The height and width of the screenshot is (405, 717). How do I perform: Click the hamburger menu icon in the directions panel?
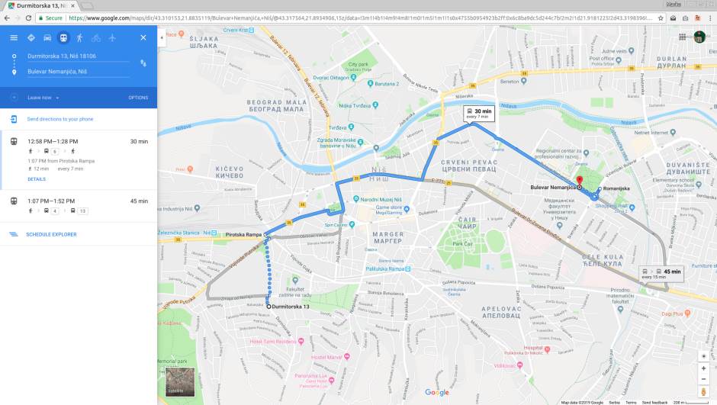(x=14, y=37)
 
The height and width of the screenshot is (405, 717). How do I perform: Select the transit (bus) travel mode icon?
(x=63, y=37)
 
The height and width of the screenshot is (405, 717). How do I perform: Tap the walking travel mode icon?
(x=79, y=37)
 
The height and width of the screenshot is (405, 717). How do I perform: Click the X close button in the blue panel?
(x=143, y=37)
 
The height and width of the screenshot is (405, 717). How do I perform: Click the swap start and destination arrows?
(x=143, y=63)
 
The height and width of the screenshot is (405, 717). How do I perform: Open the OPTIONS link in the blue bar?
(x=138, y=98)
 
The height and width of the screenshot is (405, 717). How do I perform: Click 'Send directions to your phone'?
(x=60, y=119)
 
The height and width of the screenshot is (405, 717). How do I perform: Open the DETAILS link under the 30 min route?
(x=37, y=179)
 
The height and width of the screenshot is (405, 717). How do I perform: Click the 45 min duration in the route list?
(x=139, y=201)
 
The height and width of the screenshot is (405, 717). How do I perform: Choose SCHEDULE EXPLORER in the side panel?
(x=51, y=234)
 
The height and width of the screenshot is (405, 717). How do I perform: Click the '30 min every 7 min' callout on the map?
(x=481, y=114)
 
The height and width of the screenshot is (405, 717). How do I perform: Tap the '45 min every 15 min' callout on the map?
(x=661, y=273)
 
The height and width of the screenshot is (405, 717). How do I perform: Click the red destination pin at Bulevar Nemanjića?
(x=580, y=182)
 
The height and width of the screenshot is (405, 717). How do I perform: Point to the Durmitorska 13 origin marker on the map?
(x=268, y=306)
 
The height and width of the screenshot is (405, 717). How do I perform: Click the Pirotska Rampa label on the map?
(x=243, y=234)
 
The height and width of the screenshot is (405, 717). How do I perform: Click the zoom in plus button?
(x=703, y=368)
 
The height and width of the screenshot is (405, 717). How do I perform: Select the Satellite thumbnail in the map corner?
(x=180, y=384)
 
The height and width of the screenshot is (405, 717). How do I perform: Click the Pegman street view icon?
(x=703, y=391)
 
